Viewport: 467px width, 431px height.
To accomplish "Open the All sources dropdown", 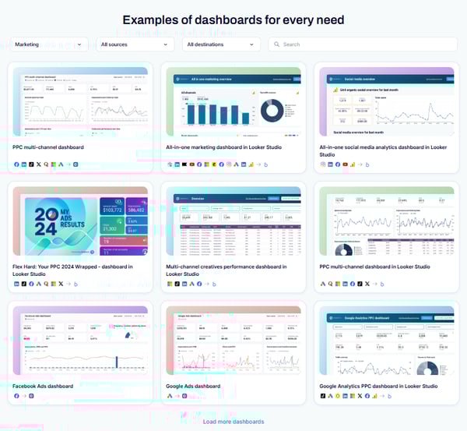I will click(135, 44).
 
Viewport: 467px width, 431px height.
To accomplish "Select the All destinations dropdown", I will click(221, 44).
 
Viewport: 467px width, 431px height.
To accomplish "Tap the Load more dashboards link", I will click(233, 422).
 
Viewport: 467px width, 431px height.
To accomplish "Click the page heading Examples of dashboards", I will click(233, 19).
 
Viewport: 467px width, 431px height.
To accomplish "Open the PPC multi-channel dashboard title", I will click(48, 147).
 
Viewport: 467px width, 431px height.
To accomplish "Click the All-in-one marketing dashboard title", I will click(225, 147).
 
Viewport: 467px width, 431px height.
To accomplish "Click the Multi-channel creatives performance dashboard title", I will click(226, 270).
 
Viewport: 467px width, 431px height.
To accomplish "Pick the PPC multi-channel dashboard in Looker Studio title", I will click(374, 267).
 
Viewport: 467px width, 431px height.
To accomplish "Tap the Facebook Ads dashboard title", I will click(43, 386).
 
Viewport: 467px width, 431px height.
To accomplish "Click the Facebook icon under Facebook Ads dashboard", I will click(16, 396).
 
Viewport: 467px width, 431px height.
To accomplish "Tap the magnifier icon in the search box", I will click(276, 44).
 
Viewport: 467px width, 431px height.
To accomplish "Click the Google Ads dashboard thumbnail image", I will click(233, 342).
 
